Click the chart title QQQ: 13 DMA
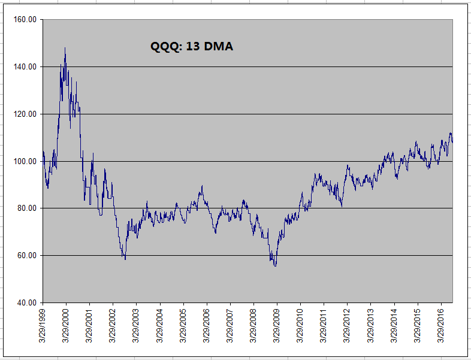pyautogui.click(x=191, y=46)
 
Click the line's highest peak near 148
pyautogui.click(x=65, y=48)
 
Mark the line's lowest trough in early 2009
pyautogui.click(x=275, y=265)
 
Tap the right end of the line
pyautogui.click(x=452, y=141)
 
